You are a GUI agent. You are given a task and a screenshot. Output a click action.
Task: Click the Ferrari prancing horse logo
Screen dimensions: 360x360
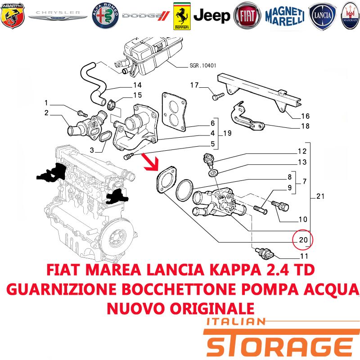coord(182,16)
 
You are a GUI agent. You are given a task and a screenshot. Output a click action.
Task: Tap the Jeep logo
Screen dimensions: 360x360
coord(211,16)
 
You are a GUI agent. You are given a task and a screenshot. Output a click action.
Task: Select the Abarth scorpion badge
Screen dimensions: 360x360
coord(13,16)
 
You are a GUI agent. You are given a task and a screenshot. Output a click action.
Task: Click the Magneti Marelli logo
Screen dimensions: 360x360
coord(285,16)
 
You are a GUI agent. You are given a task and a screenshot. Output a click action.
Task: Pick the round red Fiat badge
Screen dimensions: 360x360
coord(247,16)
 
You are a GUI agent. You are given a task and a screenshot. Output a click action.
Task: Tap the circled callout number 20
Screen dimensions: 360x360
coord(303,240)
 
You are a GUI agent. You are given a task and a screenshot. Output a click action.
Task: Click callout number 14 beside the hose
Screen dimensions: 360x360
coord(137,85)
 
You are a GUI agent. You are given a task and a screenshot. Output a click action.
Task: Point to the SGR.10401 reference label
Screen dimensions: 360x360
coord(203,66)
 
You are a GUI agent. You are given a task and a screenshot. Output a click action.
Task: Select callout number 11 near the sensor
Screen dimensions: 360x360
coord(304,256)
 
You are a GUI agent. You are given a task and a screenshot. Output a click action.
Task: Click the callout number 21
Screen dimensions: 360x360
coord(320,196)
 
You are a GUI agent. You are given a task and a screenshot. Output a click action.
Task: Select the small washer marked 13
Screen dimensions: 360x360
coord(213,172)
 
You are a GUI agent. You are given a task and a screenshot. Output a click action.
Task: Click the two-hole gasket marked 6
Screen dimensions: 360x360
coord(174,112)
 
